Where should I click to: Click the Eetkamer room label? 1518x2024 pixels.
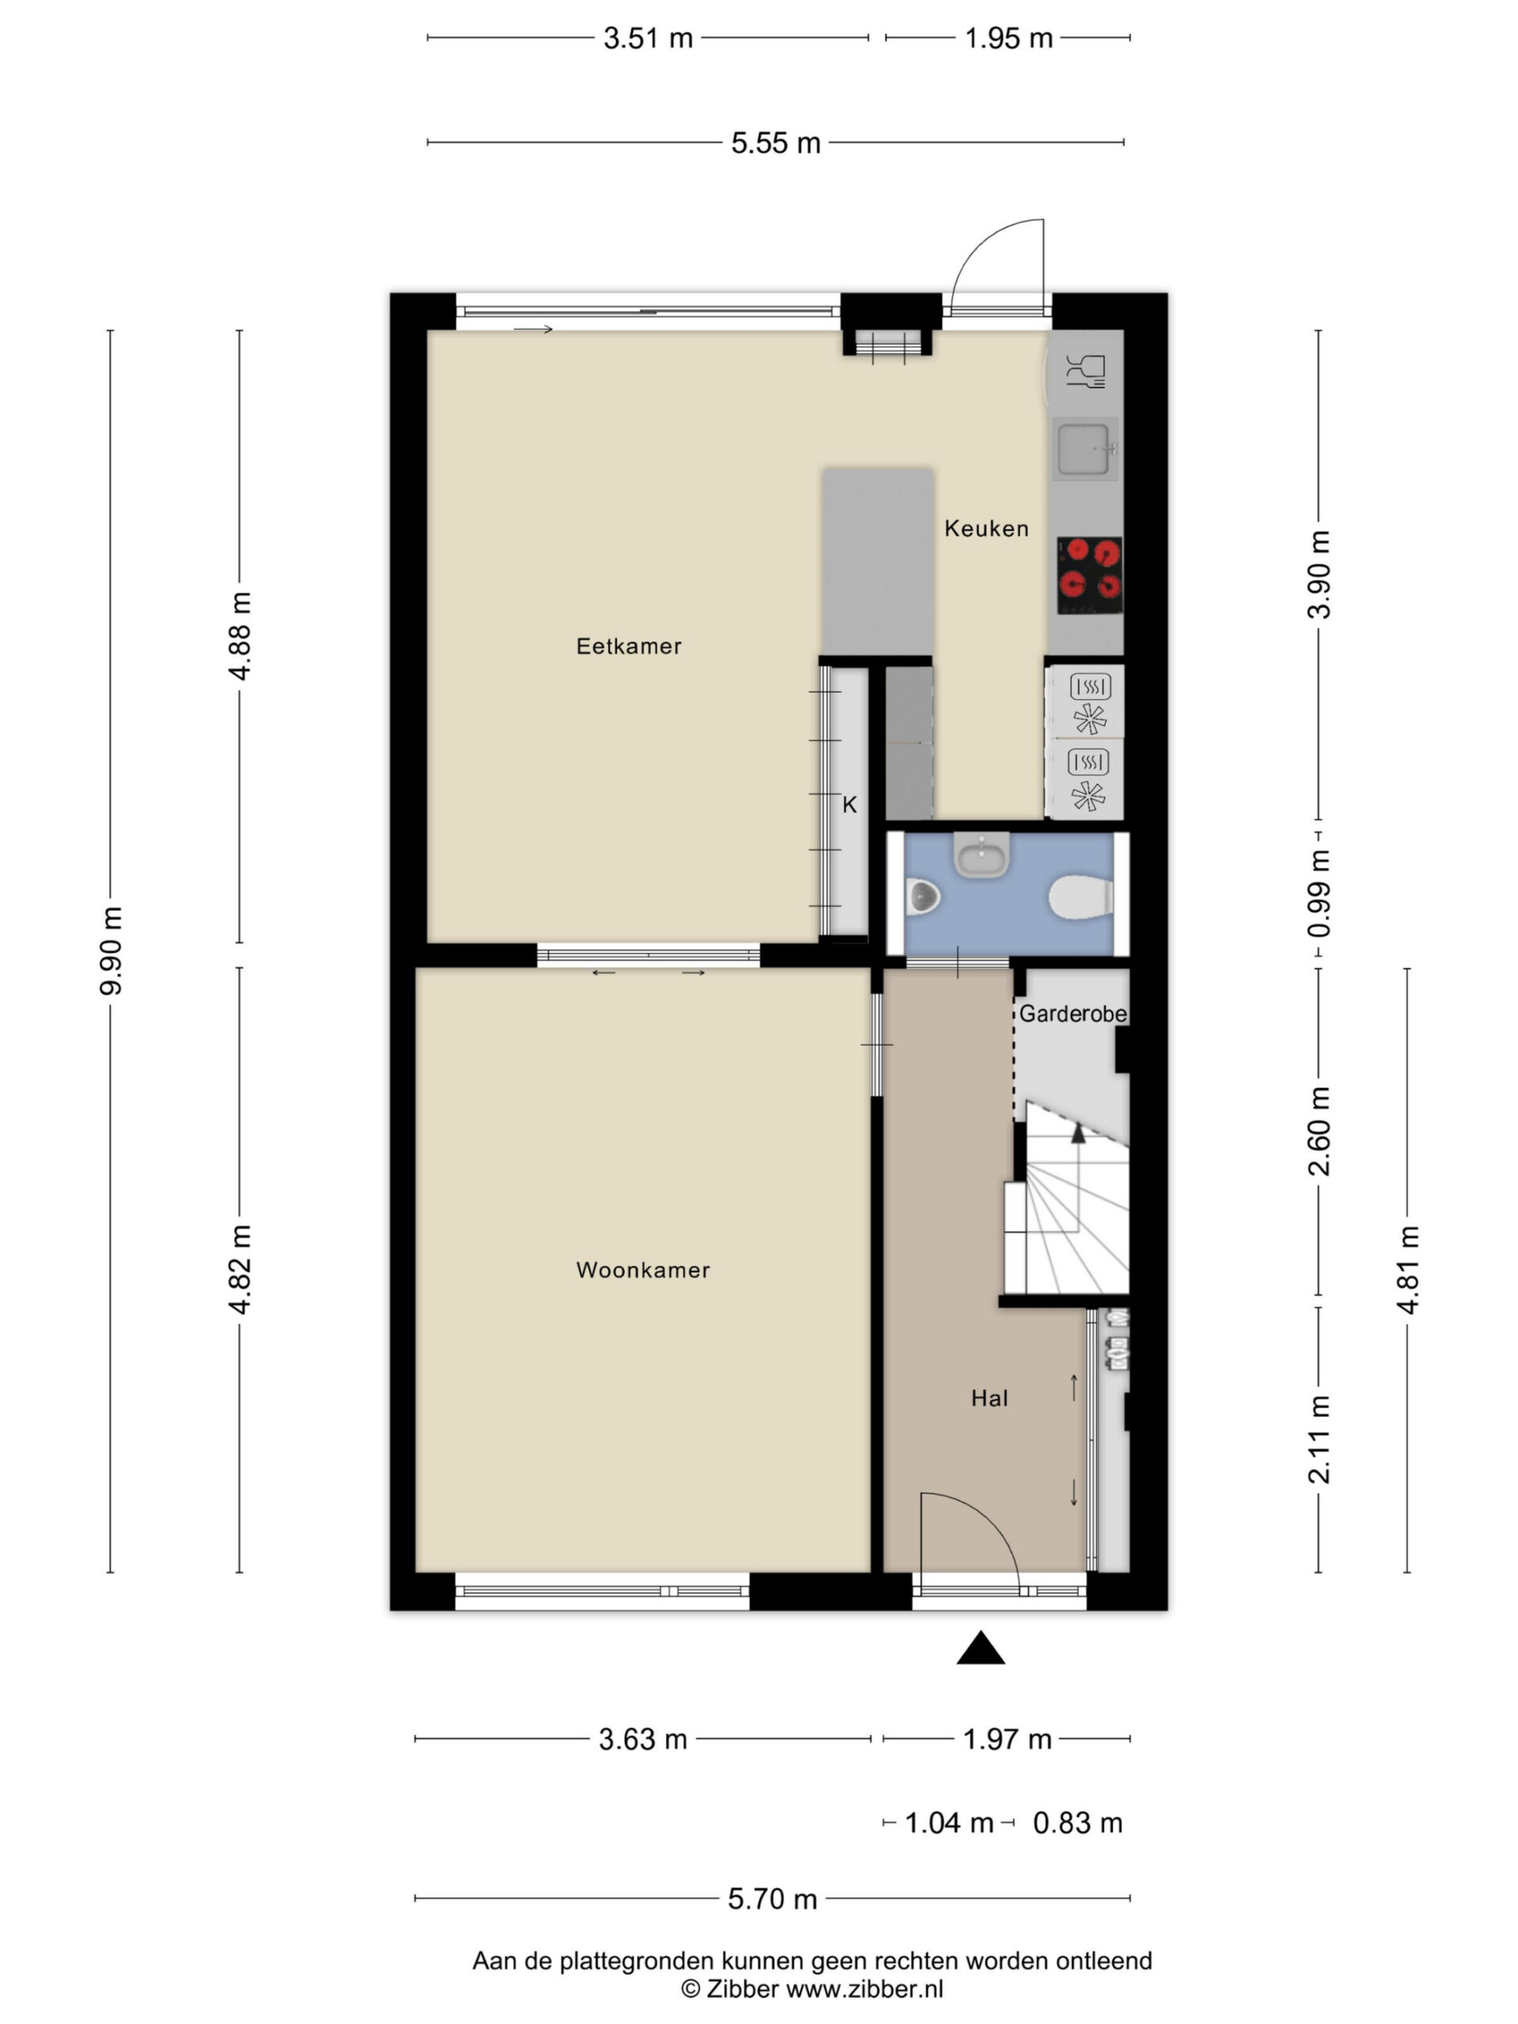tap(629, 646)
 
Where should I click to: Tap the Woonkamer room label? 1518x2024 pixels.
tap(644, 1269)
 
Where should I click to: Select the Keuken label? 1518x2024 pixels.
tap(987, 528)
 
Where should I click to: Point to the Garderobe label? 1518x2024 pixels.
tap(1072, 1013)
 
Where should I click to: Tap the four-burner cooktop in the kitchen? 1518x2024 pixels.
tap(1089, 575)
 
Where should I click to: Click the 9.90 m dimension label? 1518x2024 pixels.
tap(111, 950)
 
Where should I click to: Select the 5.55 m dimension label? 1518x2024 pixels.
tap(776, 144)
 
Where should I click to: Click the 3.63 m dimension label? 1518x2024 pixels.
tap(644, 1739)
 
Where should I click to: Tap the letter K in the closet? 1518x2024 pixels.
tap(849, 805)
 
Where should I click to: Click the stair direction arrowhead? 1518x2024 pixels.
tap(1078, 1133)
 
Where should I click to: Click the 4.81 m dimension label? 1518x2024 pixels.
tap(1407, 1269)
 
